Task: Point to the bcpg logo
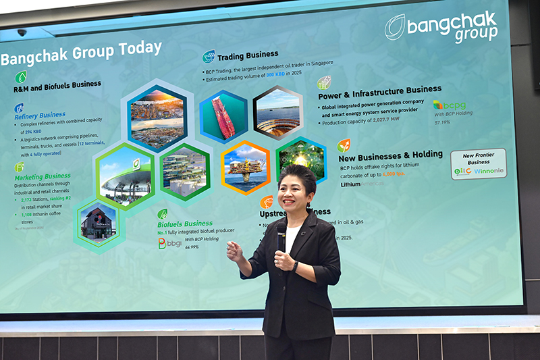(x=450, y=105)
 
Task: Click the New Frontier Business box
(x=478, y=164)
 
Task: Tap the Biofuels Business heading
(x=184, y=223)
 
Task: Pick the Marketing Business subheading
(x=43, y=176)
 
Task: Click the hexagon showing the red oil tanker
(x=223, y=117)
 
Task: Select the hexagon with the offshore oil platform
(x=246, y=166)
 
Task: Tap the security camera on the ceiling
(x=22, y=32)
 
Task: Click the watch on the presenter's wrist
(x=295, y=267)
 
